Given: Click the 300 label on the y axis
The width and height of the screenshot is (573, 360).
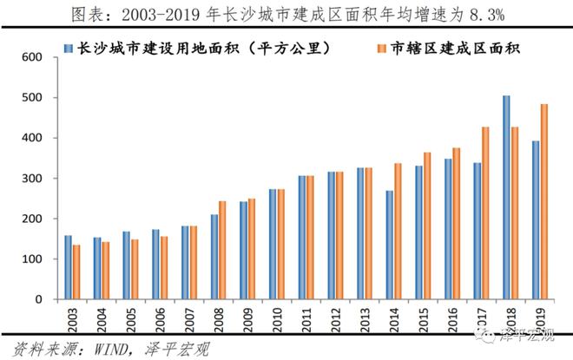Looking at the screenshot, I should coord(32,179).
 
